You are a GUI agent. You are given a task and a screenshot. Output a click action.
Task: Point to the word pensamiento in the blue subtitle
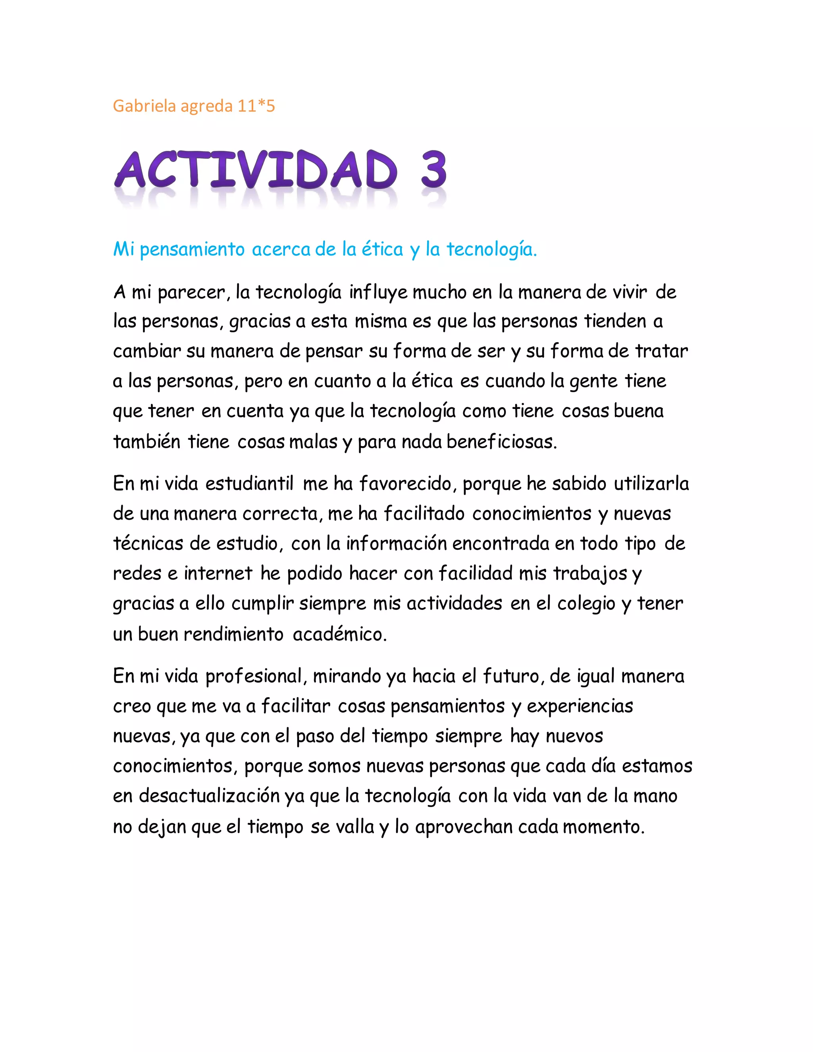pos(192,250)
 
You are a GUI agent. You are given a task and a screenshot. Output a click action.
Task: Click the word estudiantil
pos(249,484)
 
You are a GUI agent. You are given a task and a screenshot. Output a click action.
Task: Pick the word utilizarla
pos(651,484)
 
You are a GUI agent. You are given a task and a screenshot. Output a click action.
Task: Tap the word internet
pos(218,574)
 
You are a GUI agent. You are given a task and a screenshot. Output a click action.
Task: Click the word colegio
pos(586,603)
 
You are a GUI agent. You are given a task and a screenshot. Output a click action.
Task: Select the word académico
pos(339,634)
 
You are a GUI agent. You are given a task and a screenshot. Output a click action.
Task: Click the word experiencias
pos(580,707)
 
